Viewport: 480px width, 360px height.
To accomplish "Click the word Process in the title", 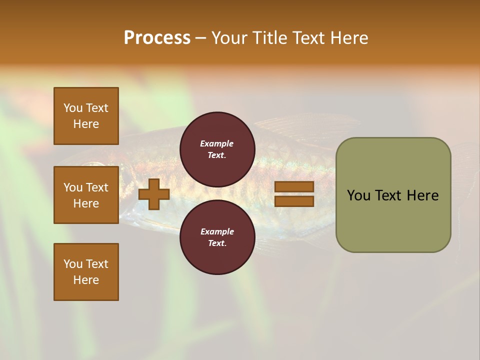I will [157, 38].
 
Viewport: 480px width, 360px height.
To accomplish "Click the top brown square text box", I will [86, 116].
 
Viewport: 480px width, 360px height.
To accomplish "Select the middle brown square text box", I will [86, 195].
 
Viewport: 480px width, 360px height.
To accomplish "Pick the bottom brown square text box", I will [86, 272].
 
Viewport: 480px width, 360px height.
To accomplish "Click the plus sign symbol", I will [154, 194].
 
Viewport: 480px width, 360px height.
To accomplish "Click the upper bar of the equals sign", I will [294, 187].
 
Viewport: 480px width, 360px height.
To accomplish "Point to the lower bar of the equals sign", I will [294, 201].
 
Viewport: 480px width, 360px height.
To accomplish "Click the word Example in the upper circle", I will [217, 143].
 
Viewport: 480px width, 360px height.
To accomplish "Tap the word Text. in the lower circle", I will [217, 243].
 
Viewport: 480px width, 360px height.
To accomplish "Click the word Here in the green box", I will [422, 195].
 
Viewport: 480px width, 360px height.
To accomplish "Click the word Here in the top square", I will [86, 124].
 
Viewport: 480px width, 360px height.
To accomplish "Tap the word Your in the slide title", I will [228, 38].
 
